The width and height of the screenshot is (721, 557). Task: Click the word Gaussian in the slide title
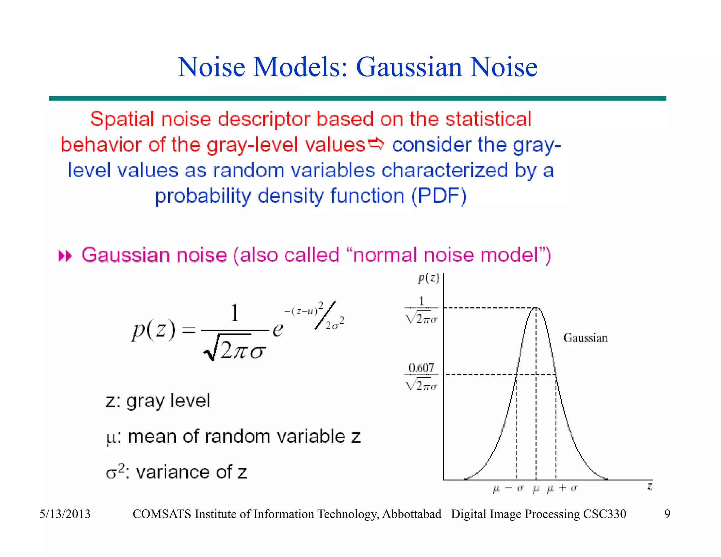pos(409,67)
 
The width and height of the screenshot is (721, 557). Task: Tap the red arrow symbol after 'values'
pos(376,144)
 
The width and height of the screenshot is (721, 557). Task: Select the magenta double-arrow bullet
pos(65,256)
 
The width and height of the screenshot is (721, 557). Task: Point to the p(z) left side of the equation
pos(153,330)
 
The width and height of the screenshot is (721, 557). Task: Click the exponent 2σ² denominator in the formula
pos(335,324)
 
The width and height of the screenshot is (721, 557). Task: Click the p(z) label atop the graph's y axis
pos(428,278)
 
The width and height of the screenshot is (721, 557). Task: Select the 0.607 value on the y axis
pos(421,368)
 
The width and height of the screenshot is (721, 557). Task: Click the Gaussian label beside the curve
pos(585,338)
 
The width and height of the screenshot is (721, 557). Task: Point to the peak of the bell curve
pos(536,308)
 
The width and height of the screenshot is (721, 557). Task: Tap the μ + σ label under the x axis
pos(562,488)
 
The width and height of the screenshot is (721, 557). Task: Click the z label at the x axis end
pos(650,487)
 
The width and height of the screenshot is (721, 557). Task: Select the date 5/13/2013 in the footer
pos(65,514)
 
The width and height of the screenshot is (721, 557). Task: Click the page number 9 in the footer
pos(667,514)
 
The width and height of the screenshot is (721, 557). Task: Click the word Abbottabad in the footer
pos(412,514)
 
